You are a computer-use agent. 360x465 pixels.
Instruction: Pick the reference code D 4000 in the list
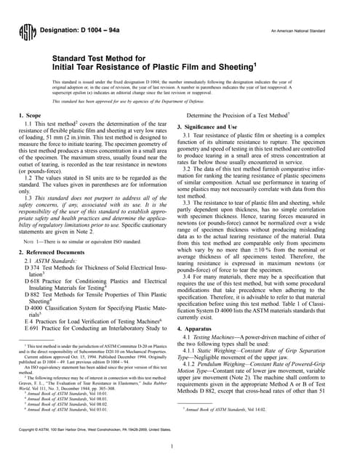pyautogui.click(x=33, y=307)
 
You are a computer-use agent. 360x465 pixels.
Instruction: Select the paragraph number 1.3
pyautogui.click(x=31, y=196)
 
